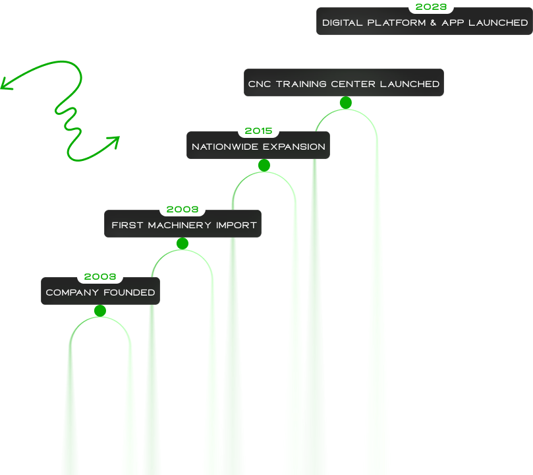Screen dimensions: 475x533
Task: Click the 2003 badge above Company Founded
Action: (100, 276)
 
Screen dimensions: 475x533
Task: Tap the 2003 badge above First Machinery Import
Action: (182, 209)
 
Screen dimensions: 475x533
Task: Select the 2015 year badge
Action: (258, 131)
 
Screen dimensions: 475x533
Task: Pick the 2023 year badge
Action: (431, 7)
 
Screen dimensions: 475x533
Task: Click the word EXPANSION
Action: (295, 146)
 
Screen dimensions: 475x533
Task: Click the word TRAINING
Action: (302, 84)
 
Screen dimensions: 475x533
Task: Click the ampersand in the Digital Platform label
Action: (435, 22)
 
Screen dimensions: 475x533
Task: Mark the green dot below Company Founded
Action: (100, 311)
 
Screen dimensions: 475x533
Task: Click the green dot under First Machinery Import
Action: (182, 243)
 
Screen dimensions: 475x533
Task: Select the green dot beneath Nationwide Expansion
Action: (264, 166)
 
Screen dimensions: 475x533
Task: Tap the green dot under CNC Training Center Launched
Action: (345, 102)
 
